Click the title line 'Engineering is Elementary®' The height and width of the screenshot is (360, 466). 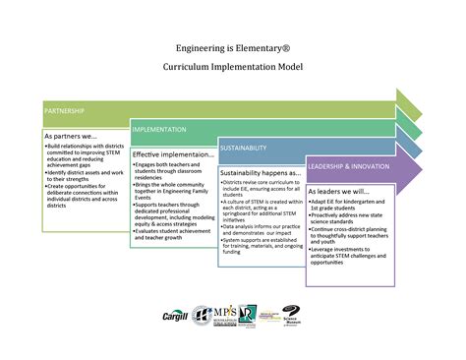[x=232, y=46]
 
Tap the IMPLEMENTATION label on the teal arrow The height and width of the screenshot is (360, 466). [x=160, y=130]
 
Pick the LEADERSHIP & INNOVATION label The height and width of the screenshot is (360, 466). [x=348, y=166]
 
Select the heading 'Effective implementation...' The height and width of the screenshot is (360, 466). [x=173, y=154]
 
